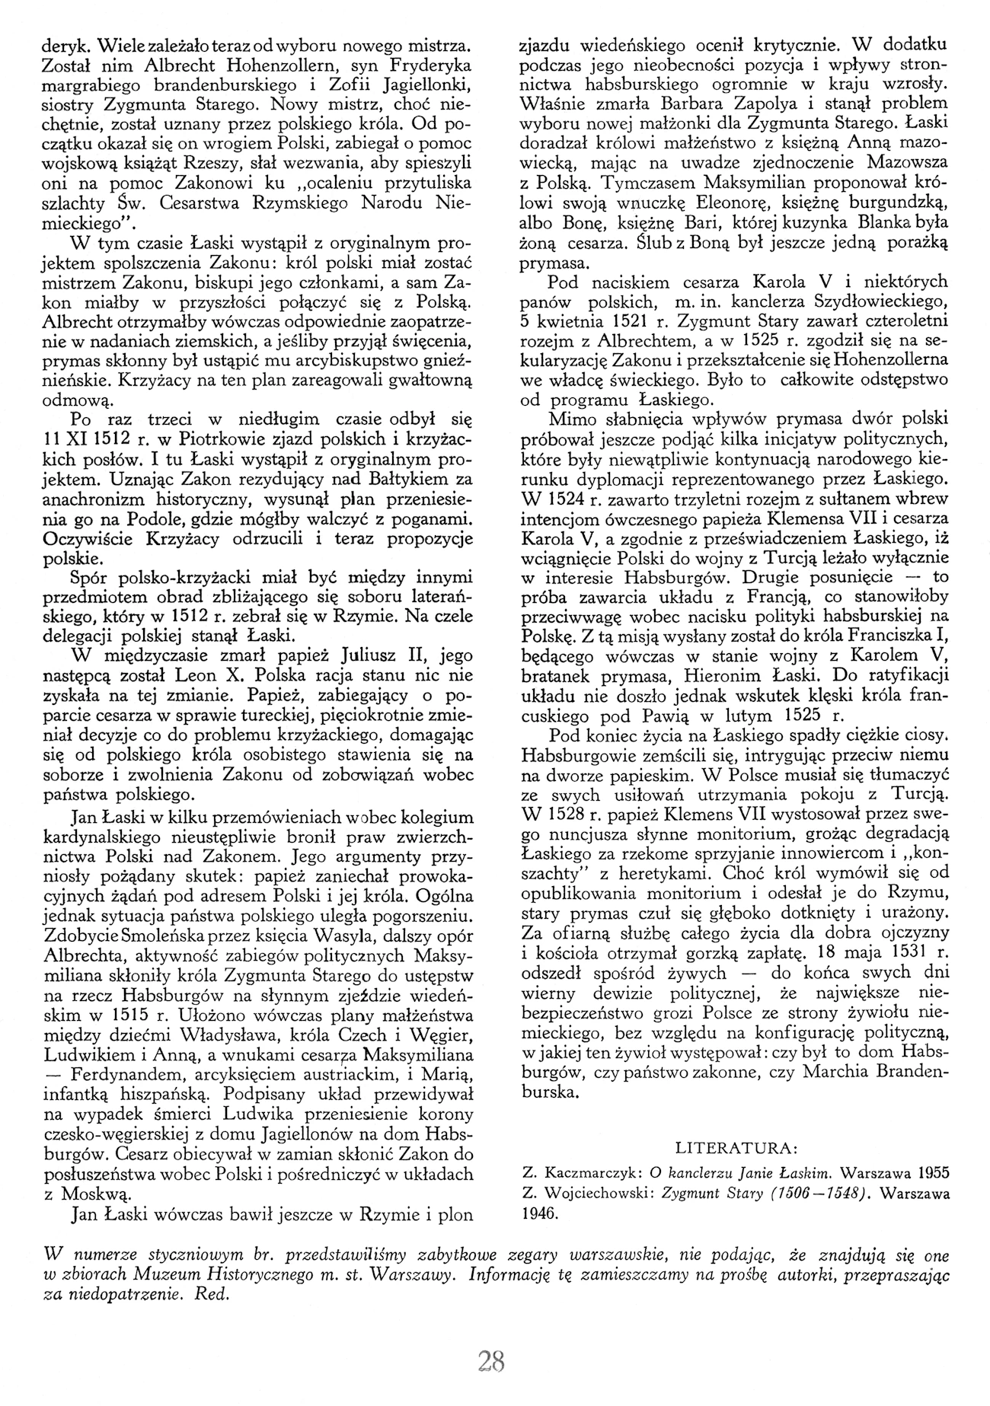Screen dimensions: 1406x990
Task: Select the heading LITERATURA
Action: click(737, 1147)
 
